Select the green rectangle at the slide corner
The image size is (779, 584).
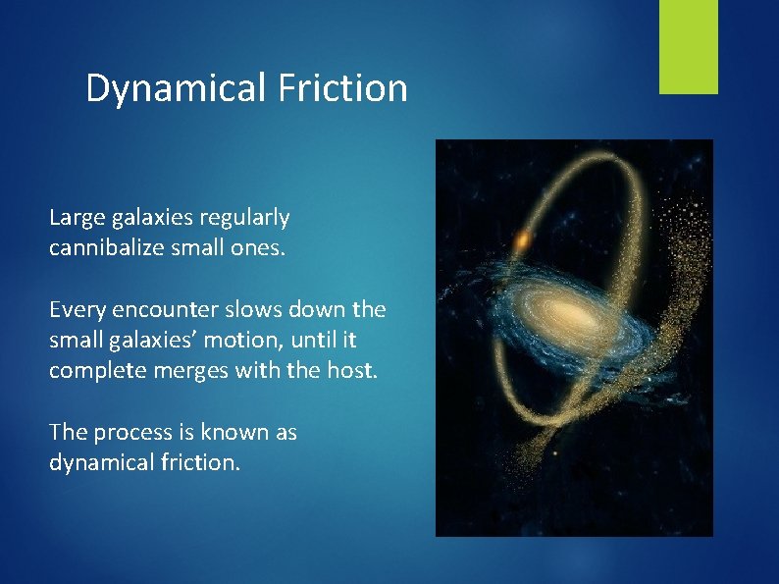pos(688,47)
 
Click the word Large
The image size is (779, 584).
pos(74,217)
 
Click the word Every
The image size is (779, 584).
pos(75,310)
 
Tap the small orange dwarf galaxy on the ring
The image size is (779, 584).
pos(522,239)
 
